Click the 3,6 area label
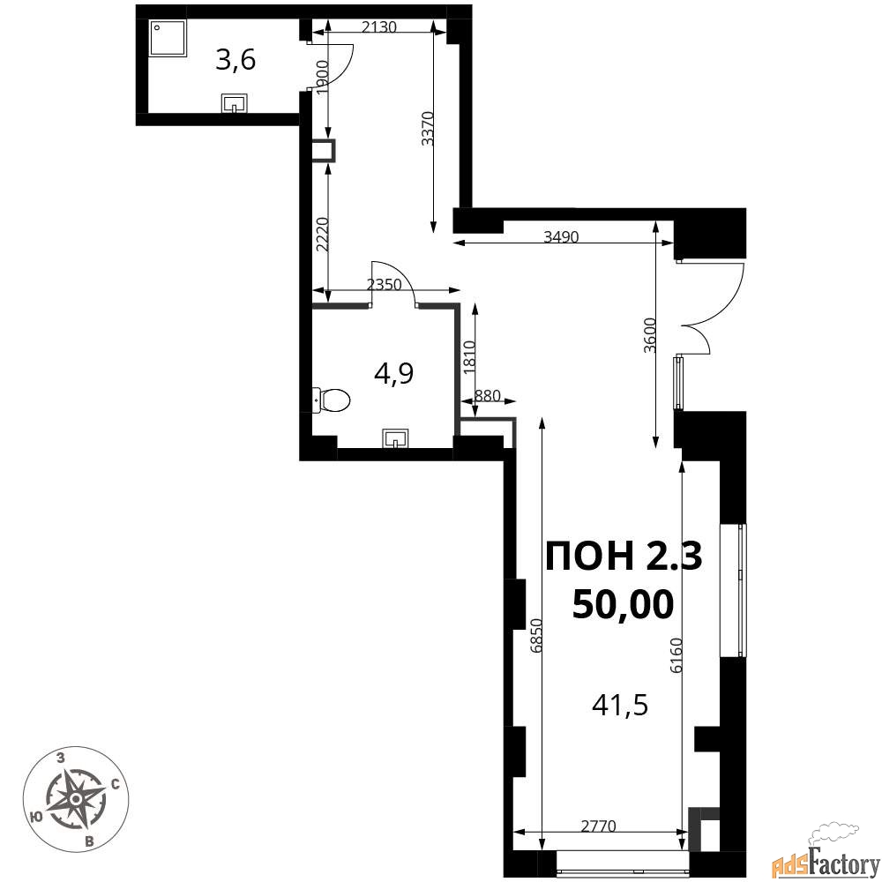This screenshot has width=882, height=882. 235,60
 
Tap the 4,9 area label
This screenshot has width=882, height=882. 393,373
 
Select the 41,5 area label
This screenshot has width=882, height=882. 620,704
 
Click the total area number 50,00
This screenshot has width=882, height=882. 623,605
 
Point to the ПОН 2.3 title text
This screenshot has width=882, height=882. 624,556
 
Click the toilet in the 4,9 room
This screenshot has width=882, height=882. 331,400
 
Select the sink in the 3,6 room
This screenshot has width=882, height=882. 235,103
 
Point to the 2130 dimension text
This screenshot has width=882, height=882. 379,26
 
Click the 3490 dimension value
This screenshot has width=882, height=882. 561,236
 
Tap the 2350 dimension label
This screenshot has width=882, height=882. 385,285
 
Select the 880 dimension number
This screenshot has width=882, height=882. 487,395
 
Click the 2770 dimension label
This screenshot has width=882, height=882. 599,826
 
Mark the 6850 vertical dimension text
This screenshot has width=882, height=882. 536,636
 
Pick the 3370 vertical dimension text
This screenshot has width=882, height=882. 428,129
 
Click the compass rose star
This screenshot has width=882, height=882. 76,797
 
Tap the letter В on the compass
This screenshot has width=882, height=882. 89,841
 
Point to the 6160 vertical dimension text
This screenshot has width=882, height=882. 676,655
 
